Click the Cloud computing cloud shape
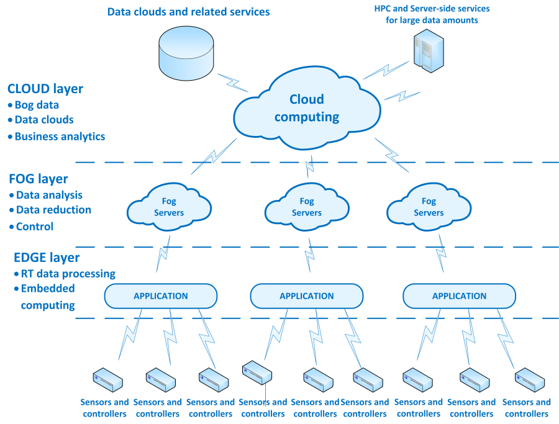point(307,111)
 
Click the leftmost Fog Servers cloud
point(169,207)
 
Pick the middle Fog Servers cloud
point(307,207)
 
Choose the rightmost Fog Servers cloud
point(429,207)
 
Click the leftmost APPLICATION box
point(161,296)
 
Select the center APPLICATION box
point(307,296)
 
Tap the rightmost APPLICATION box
point(459,296)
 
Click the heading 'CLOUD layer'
point(45,89)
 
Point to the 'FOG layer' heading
point(39,179)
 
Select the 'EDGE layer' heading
point(47,258)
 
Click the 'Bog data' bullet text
point(37,105)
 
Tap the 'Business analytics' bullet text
point(60,137)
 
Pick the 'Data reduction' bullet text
point(53,210)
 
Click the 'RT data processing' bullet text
point(68,273)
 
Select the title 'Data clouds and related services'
point(189,12)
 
